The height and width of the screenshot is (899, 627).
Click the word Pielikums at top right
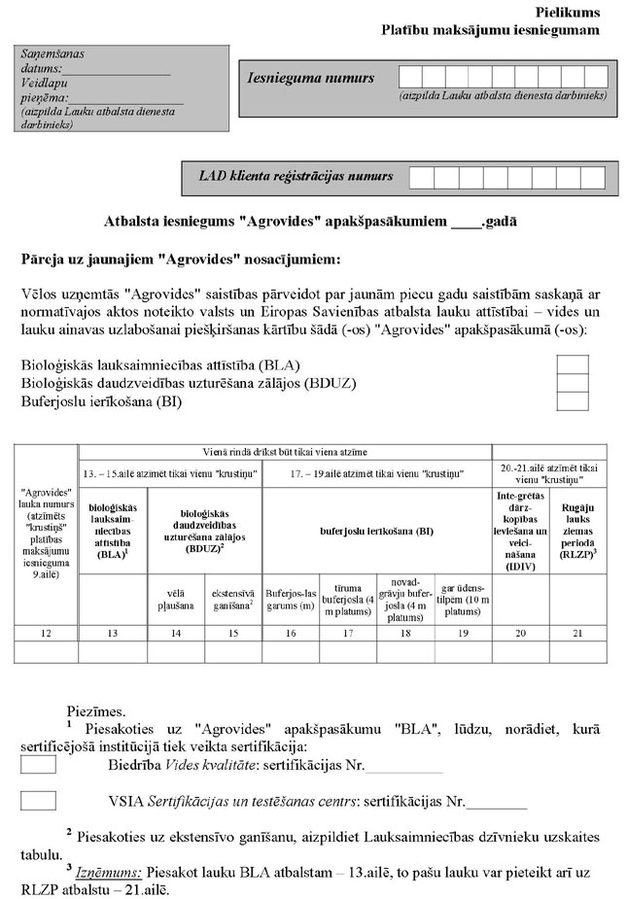tap(567, 13)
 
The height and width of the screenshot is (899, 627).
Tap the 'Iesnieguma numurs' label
tap(309, 77)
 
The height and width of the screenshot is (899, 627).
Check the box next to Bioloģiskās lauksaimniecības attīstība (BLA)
tap(572, 364)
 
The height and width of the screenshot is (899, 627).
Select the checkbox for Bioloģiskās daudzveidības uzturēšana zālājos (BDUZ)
tap(572, 383)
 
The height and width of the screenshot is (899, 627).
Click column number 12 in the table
tap(47, 633)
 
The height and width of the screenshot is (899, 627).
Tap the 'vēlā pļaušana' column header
tap(170, 597)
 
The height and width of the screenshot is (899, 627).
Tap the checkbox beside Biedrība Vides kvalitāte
tap(38, 765)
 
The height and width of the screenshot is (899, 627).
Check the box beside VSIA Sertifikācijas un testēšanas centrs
tap(38, 802)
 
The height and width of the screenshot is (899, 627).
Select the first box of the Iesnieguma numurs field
tap(410, 77)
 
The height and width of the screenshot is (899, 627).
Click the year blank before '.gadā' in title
tap(466, 222)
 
